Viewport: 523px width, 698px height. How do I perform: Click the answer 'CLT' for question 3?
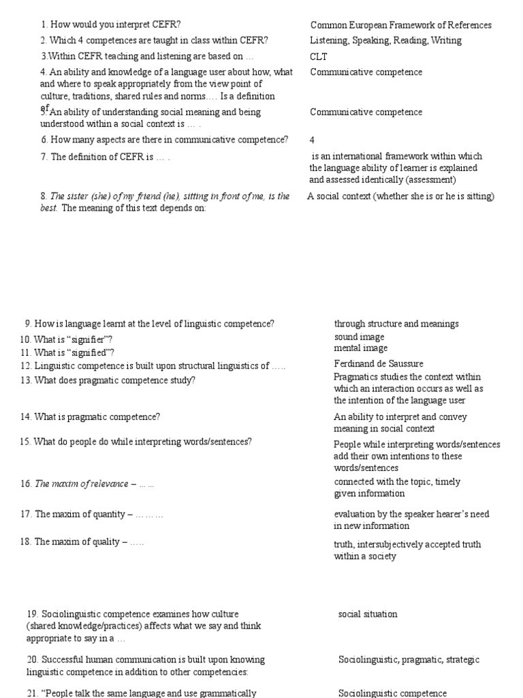point(319,57)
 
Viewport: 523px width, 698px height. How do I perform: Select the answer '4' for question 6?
point(313,140)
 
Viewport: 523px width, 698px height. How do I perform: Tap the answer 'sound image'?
point(359,337)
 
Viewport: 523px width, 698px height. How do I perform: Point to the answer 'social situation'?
point(368,614)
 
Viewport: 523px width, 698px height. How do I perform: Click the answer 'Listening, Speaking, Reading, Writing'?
point(385,40)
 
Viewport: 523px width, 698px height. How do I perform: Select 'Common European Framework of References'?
point(400,25)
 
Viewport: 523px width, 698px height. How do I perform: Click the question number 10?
point(25,339)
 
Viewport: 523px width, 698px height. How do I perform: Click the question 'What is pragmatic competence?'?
point(97,416)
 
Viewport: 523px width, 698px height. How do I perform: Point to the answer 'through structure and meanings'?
point(396,324)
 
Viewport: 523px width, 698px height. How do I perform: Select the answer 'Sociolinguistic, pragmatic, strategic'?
point(409,660)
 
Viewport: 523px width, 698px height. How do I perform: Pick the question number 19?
point(33,614)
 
